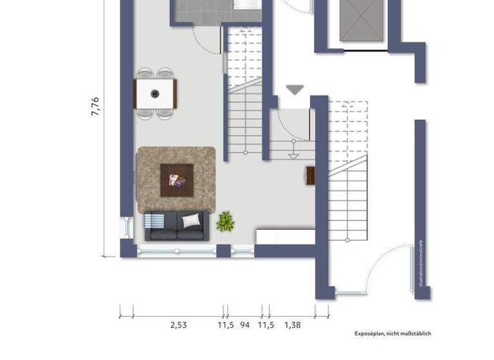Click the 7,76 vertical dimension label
click(95, 106)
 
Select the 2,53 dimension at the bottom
click(178, 325)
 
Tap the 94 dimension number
click(244, 325)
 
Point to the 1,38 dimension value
click(292, 325)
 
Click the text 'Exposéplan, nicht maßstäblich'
click(392, 334)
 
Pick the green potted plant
click(225, 221)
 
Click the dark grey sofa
click(176, 226)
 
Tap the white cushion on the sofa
click(191, 221)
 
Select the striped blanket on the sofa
click(154, 221)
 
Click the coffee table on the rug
click(176, 180)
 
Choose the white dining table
click(155, 94)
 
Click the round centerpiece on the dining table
click(155, 94)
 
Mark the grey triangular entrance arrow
click(295, 89)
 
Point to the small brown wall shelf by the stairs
click(310, 175)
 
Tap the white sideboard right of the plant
click(285, 235)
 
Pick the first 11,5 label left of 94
click(225, 325)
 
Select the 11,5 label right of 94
click(266, 325)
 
